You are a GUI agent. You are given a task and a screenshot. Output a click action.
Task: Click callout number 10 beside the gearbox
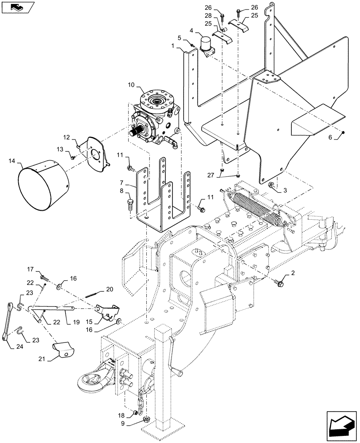132,85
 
